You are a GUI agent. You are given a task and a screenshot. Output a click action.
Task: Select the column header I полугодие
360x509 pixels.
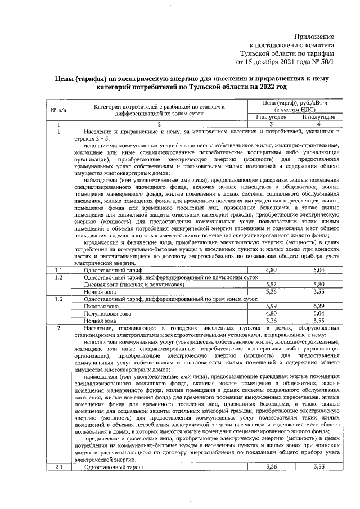pyautogui.click(x=272, y=117)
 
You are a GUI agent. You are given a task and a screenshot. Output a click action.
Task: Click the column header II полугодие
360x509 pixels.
pyautogui.click(x=319, y=117)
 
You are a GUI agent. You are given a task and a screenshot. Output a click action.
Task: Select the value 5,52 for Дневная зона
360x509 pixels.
pyautogui.click(x=272, y=285)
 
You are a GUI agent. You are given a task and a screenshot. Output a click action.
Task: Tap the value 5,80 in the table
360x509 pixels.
pyautogui.click(x=319, y=285)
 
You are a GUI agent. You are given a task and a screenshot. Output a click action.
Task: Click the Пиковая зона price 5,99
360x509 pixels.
pyautogui.click(x=272, y=305)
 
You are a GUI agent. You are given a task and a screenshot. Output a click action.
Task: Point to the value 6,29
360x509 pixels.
pyautogui.click(x=319, y=305)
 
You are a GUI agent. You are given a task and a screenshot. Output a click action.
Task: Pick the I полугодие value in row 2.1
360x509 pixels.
pyautogui.click(x=272, y=467)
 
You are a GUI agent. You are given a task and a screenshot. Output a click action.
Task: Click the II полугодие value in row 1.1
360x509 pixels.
pyautogui.click(x=319, y=271)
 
